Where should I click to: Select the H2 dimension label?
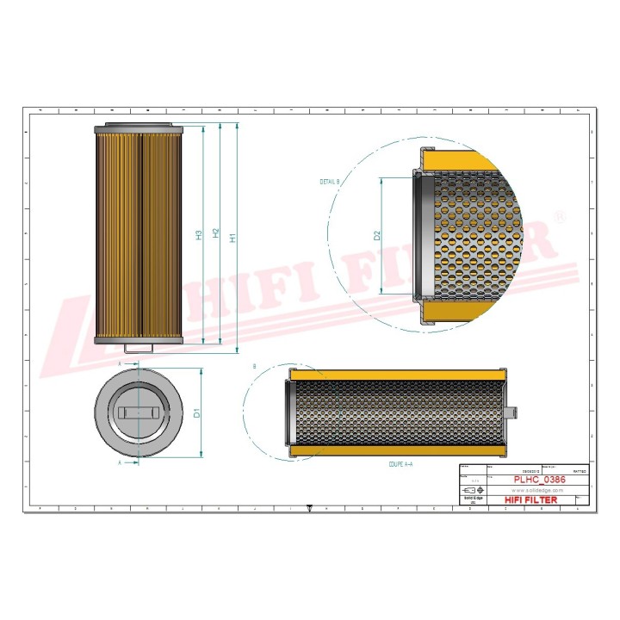click(216, 233)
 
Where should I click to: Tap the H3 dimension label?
click(199, 235)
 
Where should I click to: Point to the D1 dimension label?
click(196, 412)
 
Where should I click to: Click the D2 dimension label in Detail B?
click(376, 235)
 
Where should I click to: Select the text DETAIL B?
click(330, 183)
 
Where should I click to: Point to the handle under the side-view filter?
click(139, 349)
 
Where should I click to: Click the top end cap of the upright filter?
click(139, 128)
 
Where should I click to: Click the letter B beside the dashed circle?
click(255, 368)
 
